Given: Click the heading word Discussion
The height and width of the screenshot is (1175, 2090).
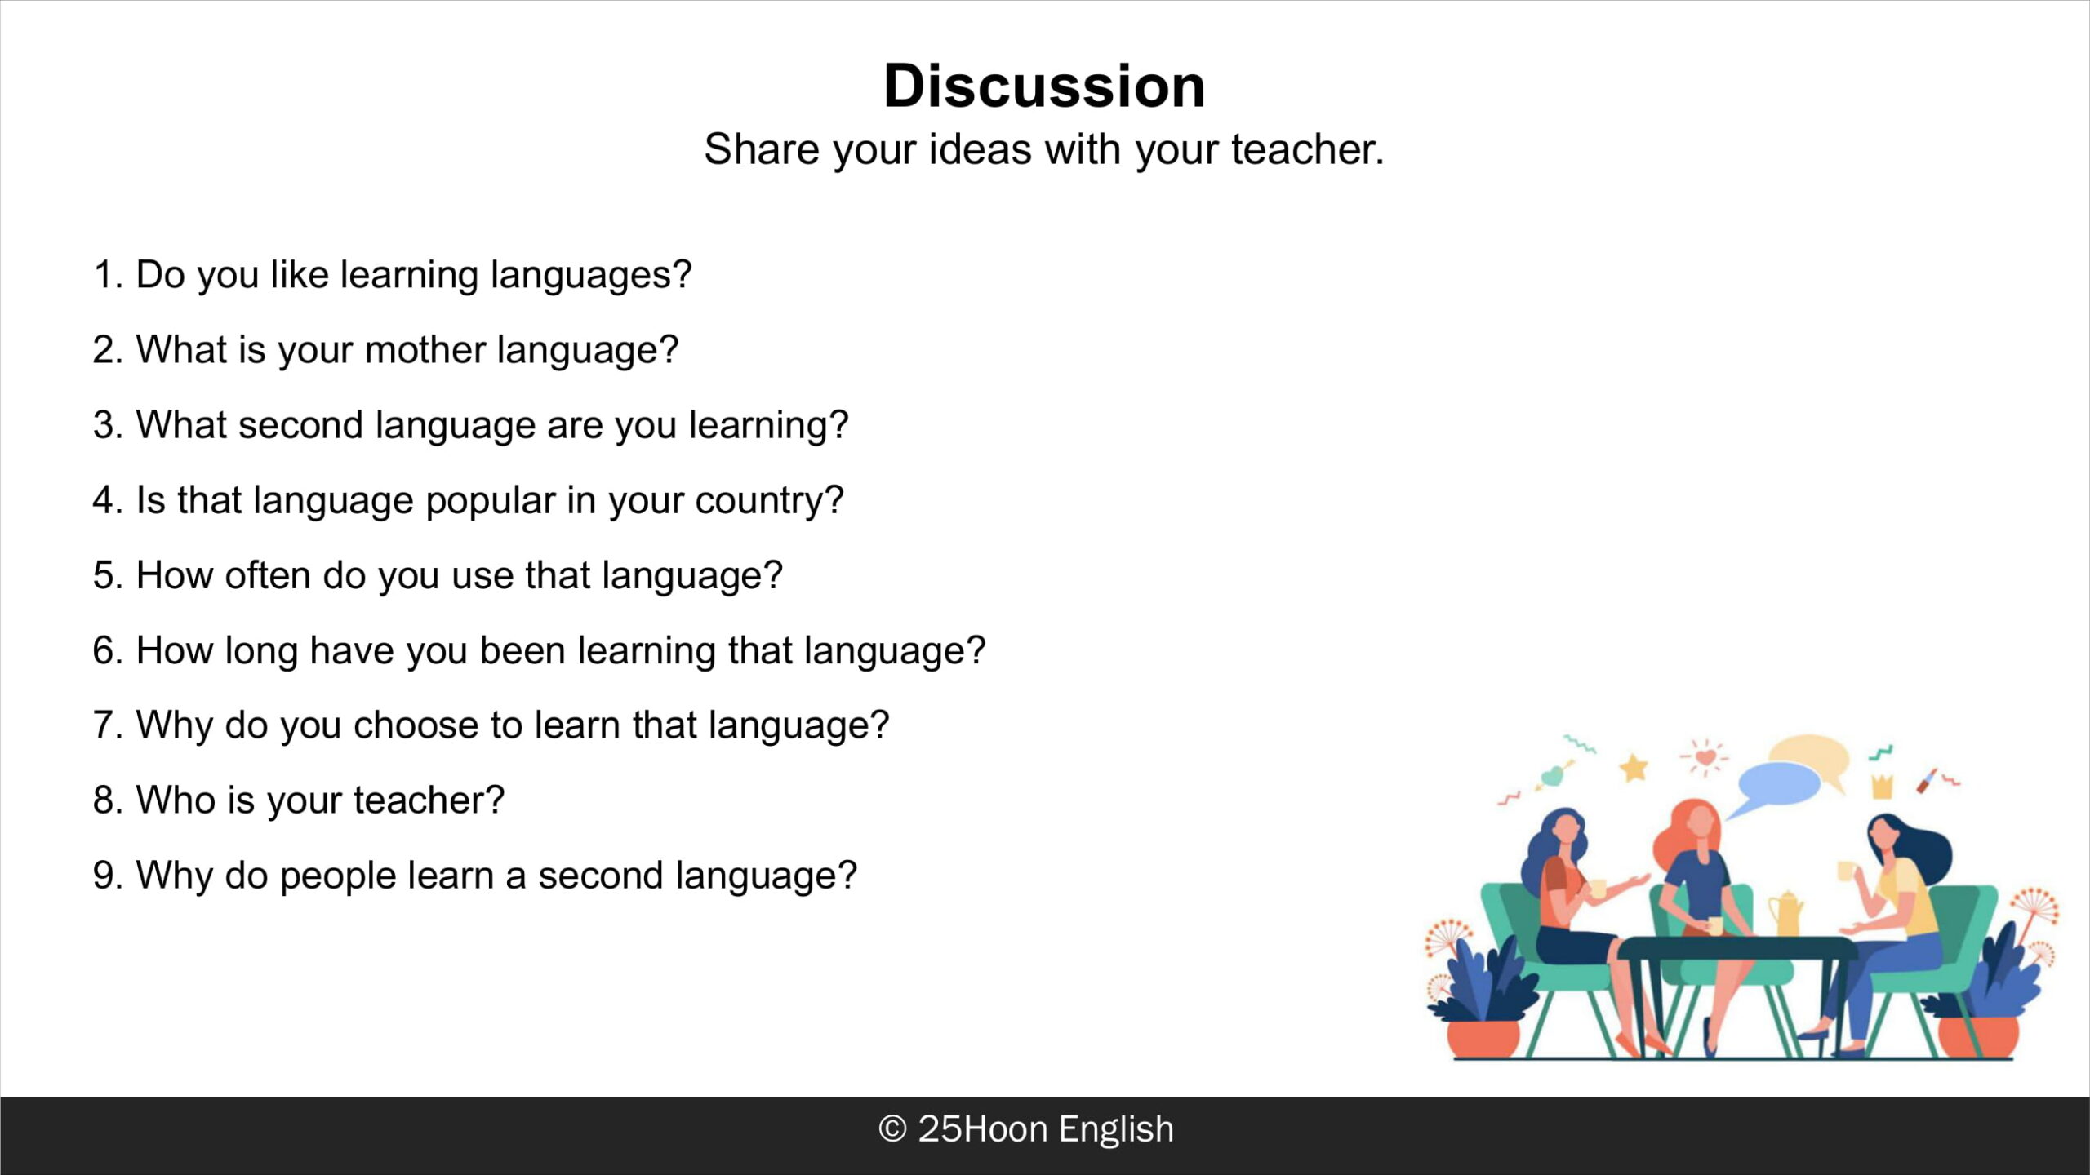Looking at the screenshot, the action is coord(1044,86).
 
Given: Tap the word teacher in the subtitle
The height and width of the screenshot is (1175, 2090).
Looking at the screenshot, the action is coord(1307,149).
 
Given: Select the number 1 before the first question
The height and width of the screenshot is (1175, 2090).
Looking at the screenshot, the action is coord(104,274).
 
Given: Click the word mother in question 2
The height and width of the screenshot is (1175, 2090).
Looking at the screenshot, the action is coord(425,349).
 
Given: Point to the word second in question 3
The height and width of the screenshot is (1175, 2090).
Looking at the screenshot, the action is coord(300,425).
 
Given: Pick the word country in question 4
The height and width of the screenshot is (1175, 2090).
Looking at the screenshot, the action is coord(769,501).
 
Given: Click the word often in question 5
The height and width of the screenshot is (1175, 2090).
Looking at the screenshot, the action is coord(268,575).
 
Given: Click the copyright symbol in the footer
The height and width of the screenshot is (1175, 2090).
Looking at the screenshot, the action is coord(892,1129).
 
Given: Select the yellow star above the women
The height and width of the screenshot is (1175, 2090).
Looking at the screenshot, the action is coord(1634,768).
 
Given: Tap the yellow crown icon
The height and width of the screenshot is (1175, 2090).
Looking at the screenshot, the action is coord(1882,786).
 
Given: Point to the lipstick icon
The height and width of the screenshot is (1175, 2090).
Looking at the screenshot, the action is coord(1928,779).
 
